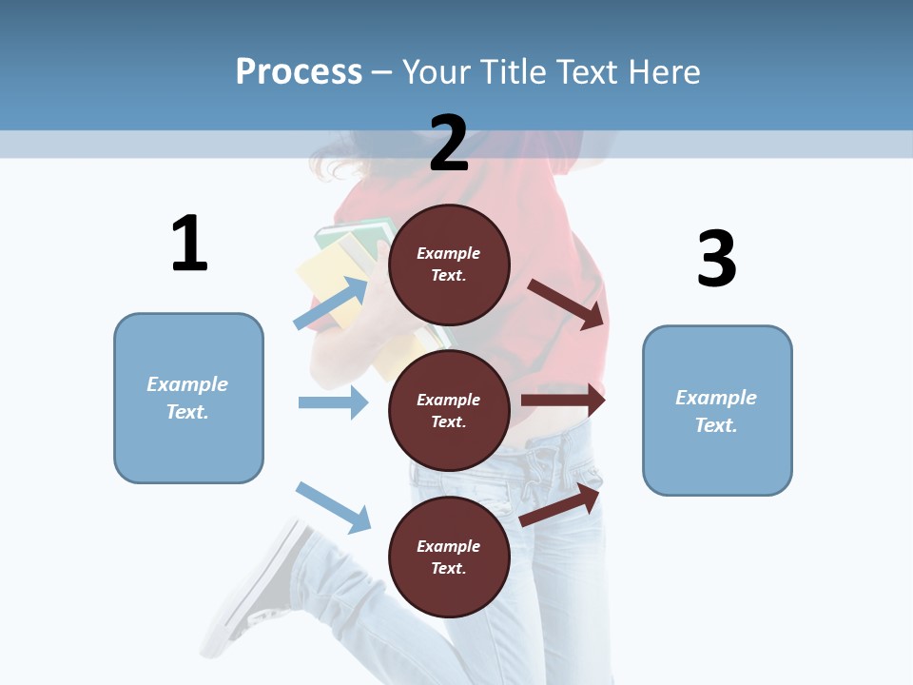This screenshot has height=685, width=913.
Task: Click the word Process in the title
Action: pos(299,72)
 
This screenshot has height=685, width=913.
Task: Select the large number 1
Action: pos(189,244)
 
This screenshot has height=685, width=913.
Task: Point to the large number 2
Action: pos(449,143)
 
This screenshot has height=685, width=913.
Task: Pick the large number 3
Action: pos(716,259)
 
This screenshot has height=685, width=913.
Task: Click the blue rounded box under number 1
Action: pos(188,398)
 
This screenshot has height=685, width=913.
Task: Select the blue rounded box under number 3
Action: pos(717,410)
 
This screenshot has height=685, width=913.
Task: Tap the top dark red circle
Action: pos(449,264)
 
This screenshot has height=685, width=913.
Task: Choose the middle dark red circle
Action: pos(449,410)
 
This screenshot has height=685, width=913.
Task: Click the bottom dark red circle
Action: pos(449,557)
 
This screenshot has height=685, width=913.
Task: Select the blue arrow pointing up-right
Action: pos(330,303)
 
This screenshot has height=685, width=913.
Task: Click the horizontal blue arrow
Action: pos(333,402)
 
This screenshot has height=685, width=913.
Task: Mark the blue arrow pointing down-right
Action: pos(333,507)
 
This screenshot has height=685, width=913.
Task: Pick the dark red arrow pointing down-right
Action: pos(567,303)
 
